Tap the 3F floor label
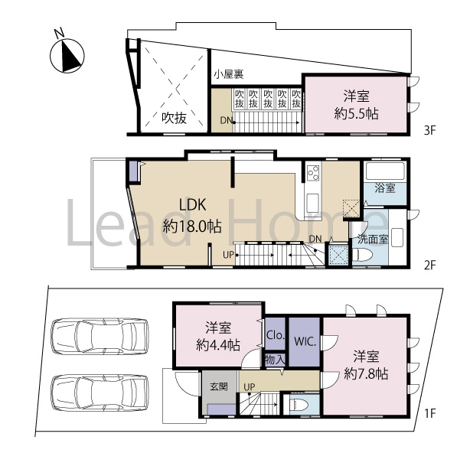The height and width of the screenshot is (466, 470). [429, 131]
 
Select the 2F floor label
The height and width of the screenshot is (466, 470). [429, 266]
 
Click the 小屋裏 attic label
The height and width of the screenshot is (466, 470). [229, 74]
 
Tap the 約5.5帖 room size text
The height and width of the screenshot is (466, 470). [357, 112]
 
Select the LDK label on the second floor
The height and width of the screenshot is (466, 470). [192, 204]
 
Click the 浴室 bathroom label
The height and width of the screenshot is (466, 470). [384, 187]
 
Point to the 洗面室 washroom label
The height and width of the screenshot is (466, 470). [373, 240]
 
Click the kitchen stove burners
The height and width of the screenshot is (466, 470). [313, 174]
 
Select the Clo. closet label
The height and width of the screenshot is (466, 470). [276, 334]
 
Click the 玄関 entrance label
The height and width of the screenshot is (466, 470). [217, 386]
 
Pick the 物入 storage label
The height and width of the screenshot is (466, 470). [275, 359]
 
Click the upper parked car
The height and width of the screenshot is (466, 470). [99, 337]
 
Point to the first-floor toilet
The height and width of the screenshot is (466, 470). [300, 406]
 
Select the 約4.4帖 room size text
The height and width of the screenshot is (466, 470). [218, 344]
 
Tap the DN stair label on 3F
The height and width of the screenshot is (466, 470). [227, 121]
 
